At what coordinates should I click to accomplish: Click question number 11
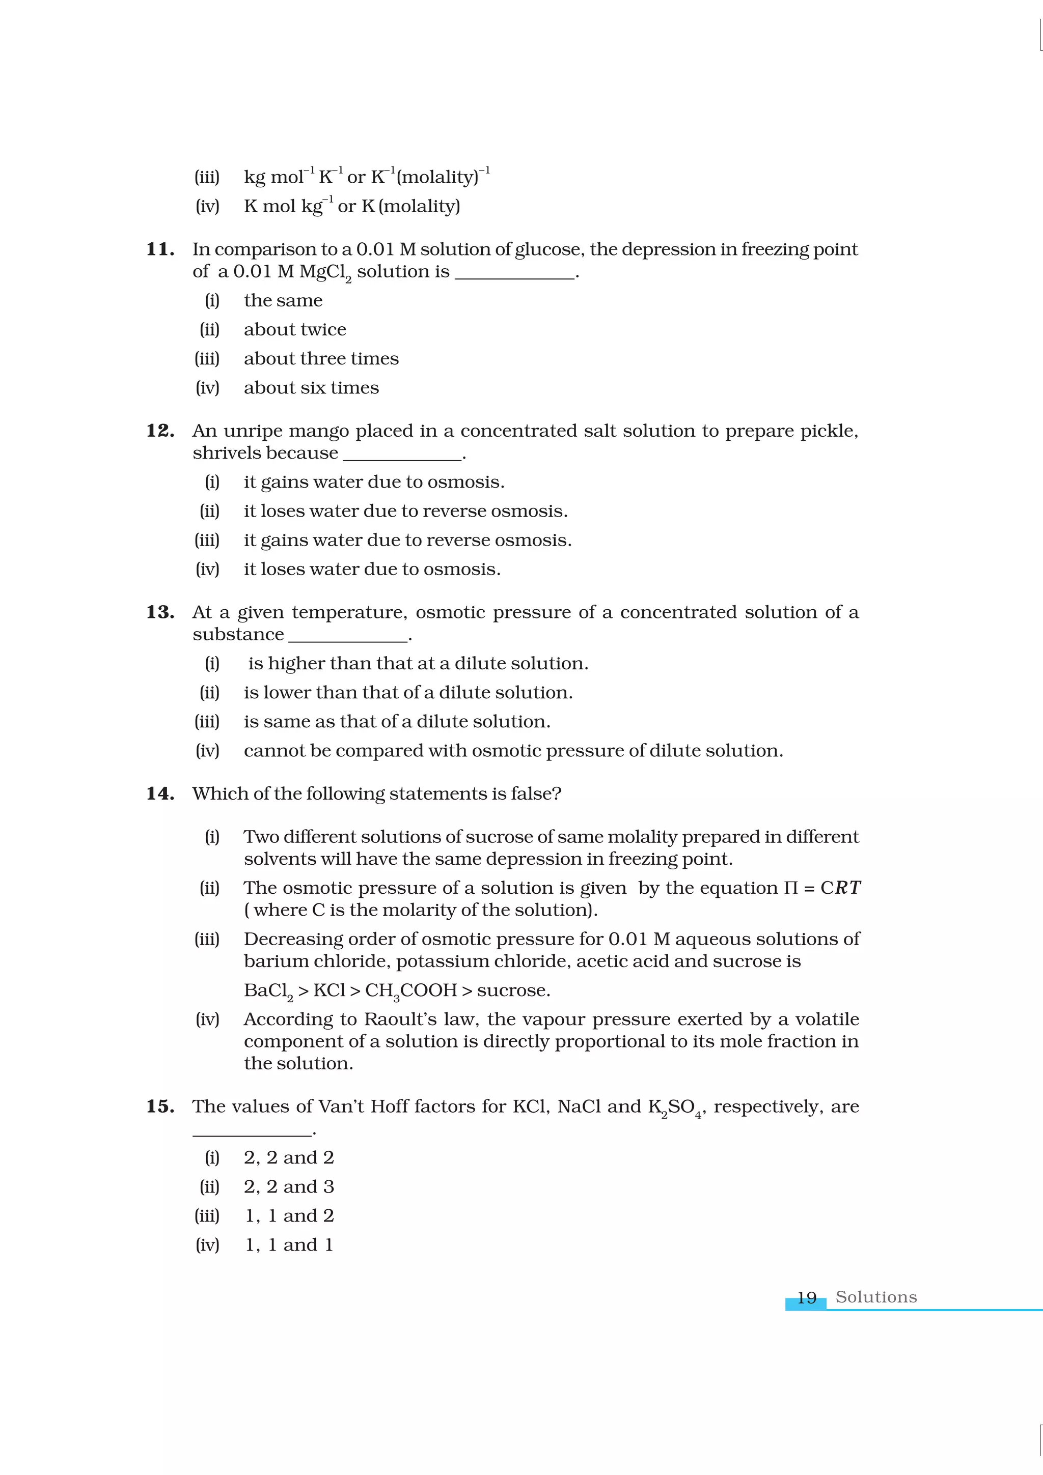click(x=160, y=249)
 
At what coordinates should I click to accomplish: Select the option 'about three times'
click(x=321, y=358)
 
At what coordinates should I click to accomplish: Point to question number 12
click(x=160, y=431)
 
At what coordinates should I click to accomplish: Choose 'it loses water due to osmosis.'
click(x=371, y=569)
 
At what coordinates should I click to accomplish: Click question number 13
click(x=160, y=612)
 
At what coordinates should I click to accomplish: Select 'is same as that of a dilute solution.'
click(x=397, y=721)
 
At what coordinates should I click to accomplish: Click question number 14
click(x=160, y=794)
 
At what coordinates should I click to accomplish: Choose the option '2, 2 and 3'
click(x=289, y=1186)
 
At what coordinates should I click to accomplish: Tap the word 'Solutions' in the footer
click(x=875, y=1297)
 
